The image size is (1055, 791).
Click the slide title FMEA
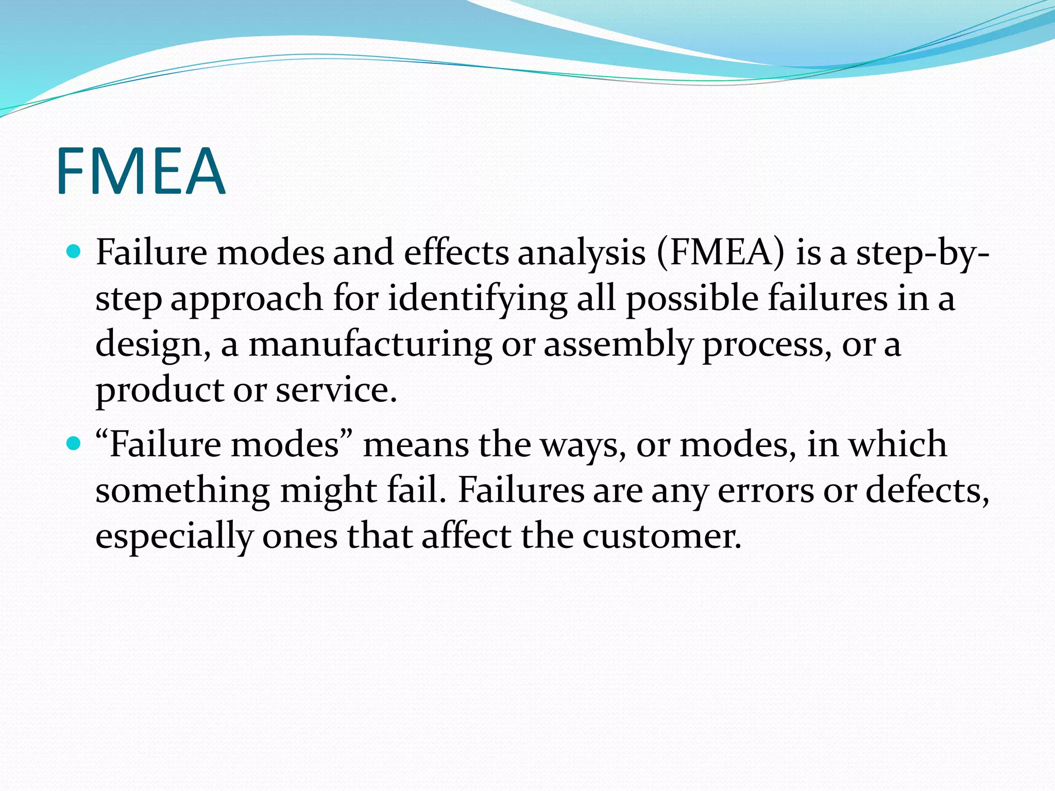(140, 171)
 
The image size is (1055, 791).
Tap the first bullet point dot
(74, 251)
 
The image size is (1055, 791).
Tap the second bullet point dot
(74, 443)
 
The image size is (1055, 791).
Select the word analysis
(581, 253)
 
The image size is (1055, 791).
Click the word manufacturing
(370, 344)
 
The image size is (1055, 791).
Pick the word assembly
(618, 344)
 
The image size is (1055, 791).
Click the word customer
(661, 536)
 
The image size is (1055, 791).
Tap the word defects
(927, 490)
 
